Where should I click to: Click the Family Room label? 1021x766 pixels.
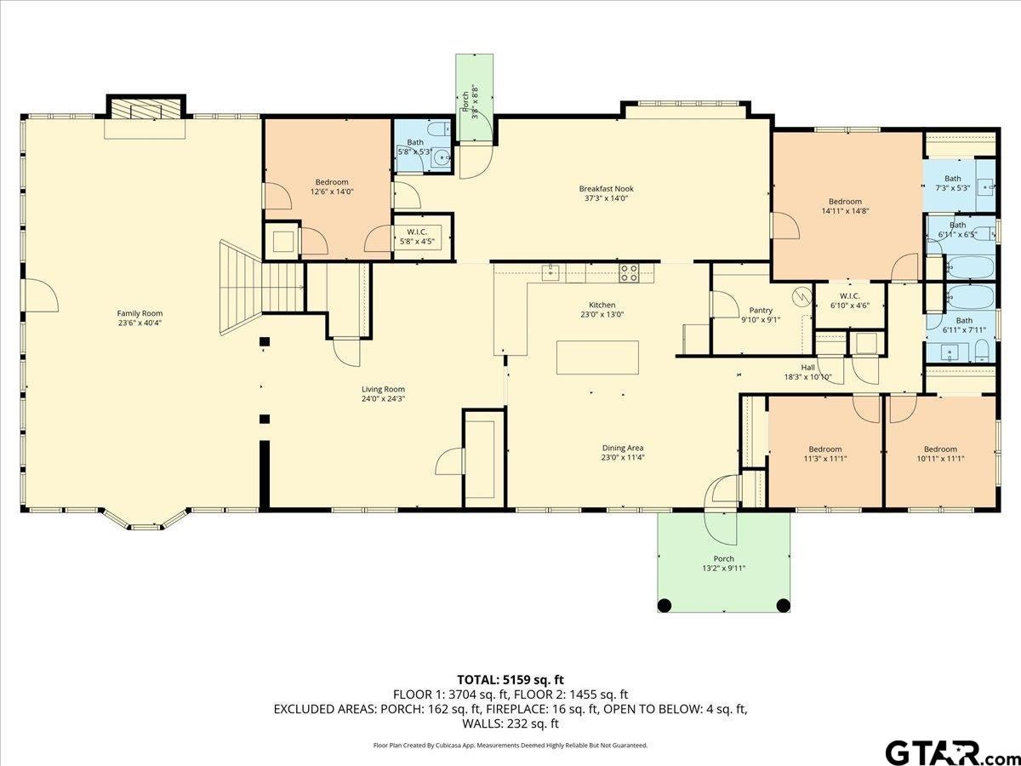140,313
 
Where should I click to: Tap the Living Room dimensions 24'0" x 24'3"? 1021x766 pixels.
382,398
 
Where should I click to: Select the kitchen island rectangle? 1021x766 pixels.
597,357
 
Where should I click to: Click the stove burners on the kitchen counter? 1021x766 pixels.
629,273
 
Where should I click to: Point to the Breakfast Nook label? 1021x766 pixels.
606,189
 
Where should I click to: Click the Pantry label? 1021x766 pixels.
760,311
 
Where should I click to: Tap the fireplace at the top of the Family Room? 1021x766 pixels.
145,111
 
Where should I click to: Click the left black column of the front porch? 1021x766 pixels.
665,605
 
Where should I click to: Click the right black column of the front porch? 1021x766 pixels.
784,605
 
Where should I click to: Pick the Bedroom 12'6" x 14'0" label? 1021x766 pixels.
332,182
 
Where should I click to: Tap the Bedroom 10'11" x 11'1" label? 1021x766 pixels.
940,449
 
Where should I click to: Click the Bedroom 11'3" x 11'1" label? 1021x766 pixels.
824,449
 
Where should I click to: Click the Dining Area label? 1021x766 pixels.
622,448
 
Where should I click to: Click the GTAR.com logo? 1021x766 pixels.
944,752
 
